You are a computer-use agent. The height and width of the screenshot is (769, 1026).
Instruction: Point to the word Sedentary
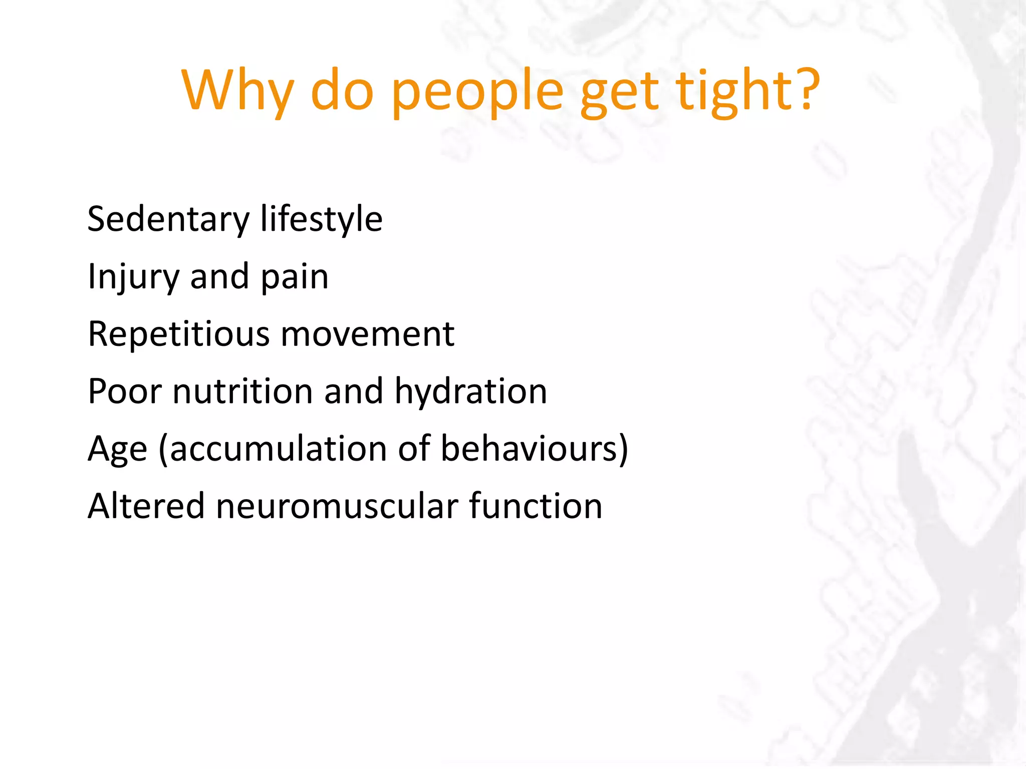click(x=168, y=220)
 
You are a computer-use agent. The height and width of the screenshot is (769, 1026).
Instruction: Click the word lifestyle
click(x=321, y=220)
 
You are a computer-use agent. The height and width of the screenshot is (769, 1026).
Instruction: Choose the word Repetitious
click(x=178, y=334)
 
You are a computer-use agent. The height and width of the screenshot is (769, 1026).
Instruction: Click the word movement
click(x=368, y=334)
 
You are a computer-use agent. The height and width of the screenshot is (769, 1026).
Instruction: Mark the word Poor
click(x=125, y=392)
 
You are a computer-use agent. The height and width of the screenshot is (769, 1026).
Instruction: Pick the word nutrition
click(x=242, y=392)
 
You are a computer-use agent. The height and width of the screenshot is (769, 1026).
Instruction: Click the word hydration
click(x=470, y=392)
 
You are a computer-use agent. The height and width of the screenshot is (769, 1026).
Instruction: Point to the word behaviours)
click(x=534, y=449)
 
